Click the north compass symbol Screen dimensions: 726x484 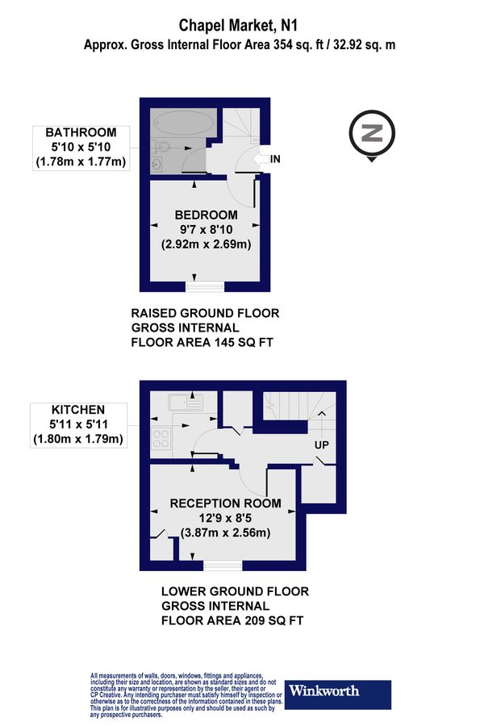371,134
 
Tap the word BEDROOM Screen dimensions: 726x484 207,215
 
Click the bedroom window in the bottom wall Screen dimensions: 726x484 204,286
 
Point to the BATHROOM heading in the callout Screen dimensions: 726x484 81,132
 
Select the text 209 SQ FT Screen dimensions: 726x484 265,620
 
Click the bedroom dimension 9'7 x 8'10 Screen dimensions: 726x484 207,229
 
